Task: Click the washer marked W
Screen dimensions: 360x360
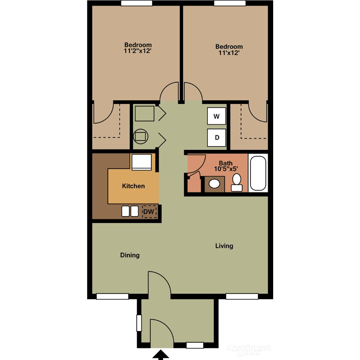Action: tap(216, 117)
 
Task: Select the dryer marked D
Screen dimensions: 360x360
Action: tap(216, 138)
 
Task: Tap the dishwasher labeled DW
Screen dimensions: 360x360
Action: tap(149, 211)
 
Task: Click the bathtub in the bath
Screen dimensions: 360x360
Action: tap(258, 173)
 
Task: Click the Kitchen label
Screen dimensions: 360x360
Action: tap(134, 186)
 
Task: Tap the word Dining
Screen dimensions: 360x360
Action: tap(130, 255)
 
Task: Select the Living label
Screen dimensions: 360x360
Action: tap(224, 246)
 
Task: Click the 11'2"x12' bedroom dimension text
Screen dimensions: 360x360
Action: tap(138, 52)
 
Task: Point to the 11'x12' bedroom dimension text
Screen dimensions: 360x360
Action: tap(229, 53)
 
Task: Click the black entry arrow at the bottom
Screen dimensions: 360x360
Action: tap(160, 356)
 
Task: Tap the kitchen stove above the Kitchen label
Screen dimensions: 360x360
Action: tap(141, 162)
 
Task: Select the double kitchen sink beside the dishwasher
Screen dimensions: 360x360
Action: tap(130, 211)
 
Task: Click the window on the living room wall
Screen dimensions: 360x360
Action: tap(242, 296)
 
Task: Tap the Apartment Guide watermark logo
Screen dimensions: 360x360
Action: tap(249, 348)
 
